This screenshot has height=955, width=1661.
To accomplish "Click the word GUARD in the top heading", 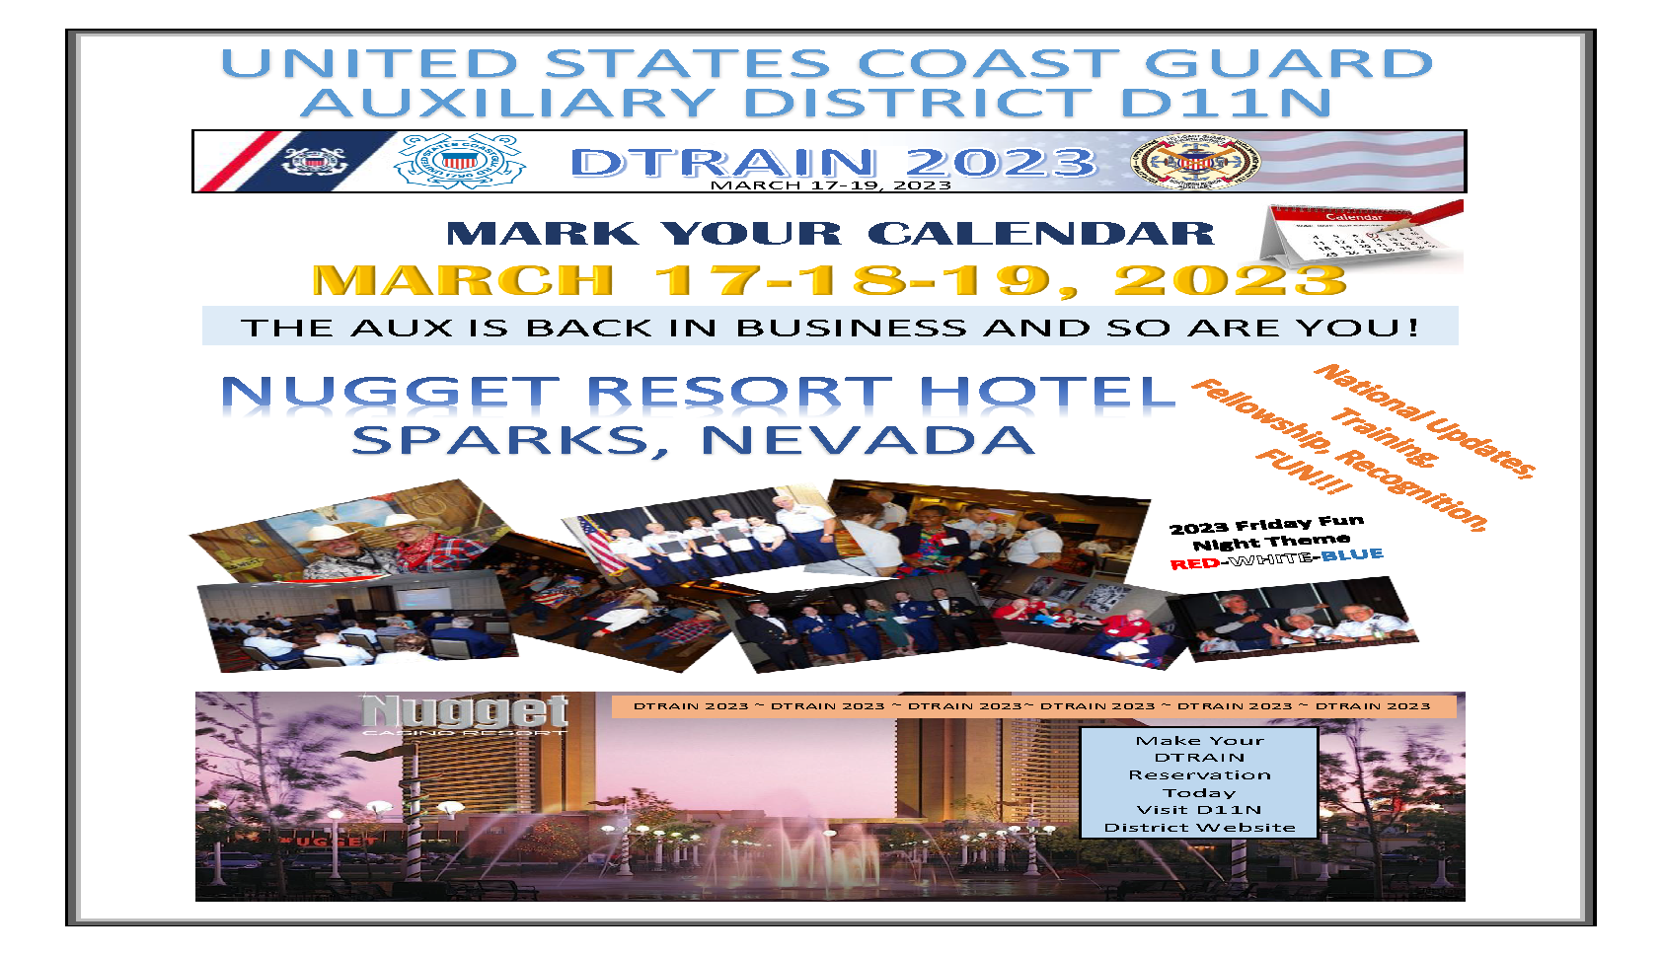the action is tap(1289, 63).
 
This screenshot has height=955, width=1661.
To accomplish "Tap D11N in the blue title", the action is tap(1227, 103).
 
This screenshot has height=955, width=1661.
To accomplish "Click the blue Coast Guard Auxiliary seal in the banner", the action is tap(460, 160).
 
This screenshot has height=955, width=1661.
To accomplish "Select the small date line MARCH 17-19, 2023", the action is tap(831, 185).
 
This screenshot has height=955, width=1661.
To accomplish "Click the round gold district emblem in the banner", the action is tap(1195, 162).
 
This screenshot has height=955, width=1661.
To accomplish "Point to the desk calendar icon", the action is tap(1361, 235).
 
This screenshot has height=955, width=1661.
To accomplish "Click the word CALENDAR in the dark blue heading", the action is tap(1041, 234).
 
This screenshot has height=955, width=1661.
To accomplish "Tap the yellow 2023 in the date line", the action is tap(1230, 280).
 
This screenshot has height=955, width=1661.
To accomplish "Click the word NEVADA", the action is tap(868, 440).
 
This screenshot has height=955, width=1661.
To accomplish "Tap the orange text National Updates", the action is tap(1424, 420).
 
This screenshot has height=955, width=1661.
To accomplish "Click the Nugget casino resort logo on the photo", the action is tap(465, 714).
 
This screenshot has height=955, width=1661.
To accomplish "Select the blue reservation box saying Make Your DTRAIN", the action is tap(1199, 783).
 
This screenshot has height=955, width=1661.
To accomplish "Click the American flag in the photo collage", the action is tap(600, 546).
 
